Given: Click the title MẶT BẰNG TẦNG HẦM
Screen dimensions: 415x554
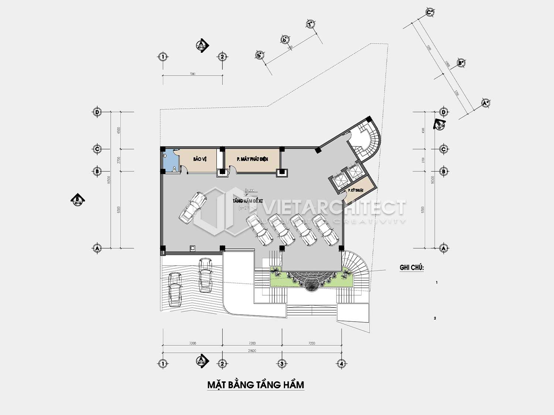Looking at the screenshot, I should [x=256, y=385].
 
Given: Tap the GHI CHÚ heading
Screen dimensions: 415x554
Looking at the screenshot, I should [x=411, y=267].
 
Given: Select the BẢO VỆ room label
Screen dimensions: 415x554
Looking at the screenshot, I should [x=199, y=159].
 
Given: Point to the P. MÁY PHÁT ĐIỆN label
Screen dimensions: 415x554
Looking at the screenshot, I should [x=252, y=159].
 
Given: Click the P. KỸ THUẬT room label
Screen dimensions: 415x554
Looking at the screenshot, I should [x=356, y=190].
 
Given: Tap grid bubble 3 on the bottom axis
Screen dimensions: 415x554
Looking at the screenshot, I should [x=282, y=363].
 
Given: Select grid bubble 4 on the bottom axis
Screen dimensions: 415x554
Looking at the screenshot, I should [x=342, y=363].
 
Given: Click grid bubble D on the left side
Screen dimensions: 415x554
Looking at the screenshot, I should [x=97, y=112].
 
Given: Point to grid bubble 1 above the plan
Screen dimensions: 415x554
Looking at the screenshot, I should [x=162, y=57].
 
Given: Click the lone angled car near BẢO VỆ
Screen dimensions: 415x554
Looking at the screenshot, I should [x=192, y=207].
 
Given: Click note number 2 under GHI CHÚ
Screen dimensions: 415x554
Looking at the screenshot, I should [x=435, y=318].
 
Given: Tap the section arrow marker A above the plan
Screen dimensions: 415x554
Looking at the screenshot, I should [x=202, y=45].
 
